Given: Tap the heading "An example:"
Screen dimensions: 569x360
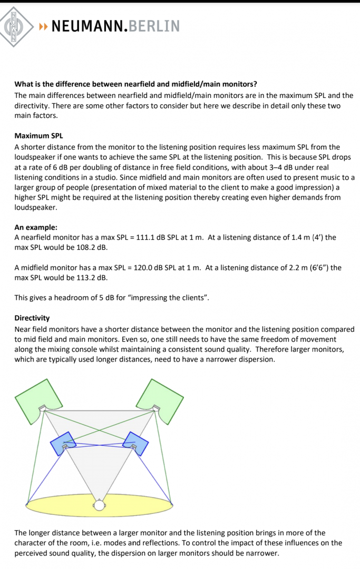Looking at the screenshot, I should tap(36, 228).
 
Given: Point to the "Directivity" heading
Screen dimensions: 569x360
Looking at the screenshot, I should tap(32, 318).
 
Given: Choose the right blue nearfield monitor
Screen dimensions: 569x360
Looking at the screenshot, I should tap(136, 441).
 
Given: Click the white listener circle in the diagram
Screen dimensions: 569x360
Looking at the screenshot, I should tap(99, 505).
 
